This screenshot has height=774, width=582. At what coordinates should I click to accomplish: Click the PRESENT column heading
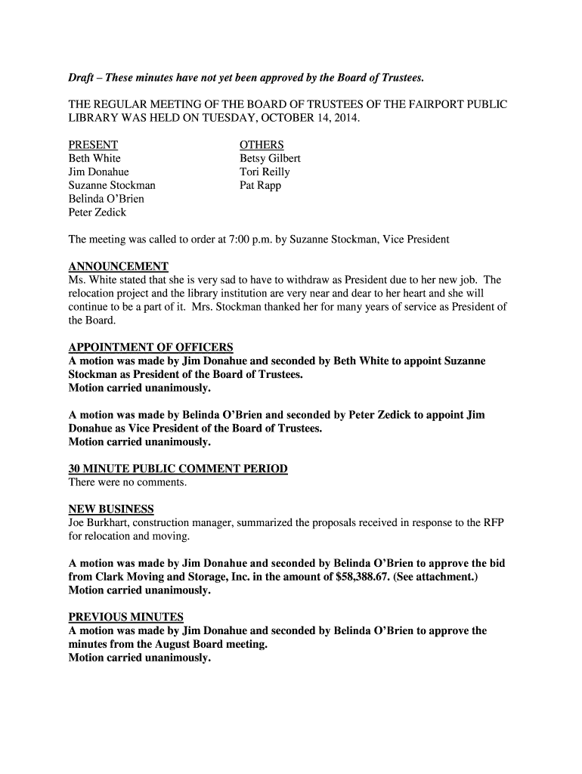pos(93,145)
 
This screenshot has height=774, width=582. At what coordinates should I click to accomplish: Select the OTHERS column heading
pos(262,145)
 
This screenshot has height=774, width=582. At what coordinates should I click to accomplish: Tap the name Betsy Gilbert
pos(270,159)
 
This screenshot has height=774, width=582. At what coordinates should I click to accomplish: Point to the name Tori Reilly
pos(265,172)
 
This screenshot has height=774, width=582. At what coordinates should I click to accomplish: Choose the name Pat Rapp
pos(260,186)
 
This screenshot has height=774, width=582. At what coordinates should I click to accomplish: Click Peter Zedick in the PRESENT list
pos(98,212)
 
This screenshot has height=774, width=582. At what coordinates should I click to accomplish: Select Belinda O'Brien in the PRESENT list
pos(106,200)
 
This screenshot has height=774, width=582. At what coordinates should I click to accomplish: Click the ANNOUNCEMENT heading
pos(118,267)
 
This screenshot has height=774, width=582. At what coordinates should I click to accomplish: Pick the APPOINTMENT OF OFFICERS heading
pos(150,348)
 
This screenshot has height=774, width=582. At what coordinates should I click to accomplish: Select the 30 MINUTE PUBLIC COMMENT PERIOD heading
pos(178,469)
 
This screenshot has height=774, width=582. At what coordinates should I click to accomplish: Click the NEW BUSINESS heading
pos(111,509)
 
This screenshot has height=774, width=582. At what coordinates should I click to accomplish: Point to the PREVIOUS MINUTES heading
pos(125,617)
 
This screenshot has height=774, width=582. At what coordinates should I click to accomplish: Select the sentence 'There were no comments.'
pos(127,482)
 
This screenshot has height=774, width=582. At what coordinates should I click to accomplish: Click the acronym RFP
pos(495,523)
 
